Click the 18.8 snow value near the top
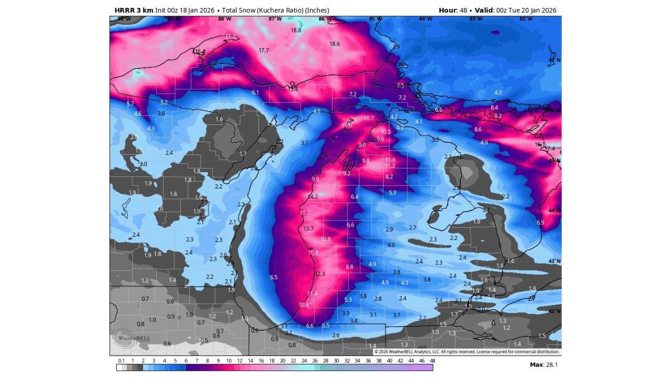296,30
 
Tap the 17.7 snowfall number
264,50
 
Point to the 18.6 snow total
334,44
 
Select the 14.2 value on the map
313,197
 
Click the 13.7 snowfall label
309,228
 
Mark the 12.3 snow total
320,274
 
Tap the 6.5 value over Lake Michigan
274,277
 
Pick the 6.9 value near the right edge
540,223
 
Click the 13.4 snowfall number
293,89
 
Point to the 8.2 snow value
389,177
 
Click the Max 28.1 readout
543,364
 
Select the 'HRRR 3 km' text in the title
134,10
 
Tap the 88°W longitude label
224,19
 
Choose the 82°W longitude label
526,19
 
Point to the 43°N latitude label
554,261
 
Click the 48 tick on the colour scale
432,361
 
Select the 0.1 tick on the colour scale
121,361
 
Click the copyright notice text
467,352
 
